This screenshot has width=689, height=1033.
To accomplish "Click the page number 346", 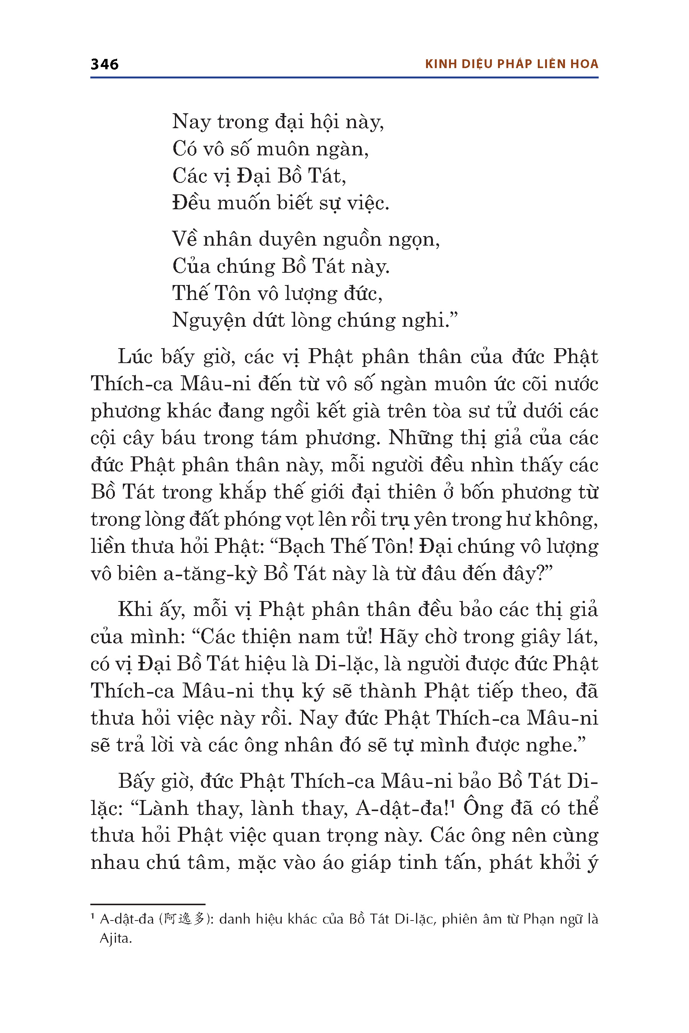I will point(104,64).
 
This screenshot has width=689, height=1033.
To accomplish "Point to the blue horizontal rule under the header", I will point(344,78).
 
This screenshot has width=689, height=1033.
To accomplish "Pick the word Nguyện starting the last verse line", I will point(209,321).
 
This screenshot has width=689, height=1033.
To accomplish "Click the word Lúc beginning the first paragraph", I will point(136,357).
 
